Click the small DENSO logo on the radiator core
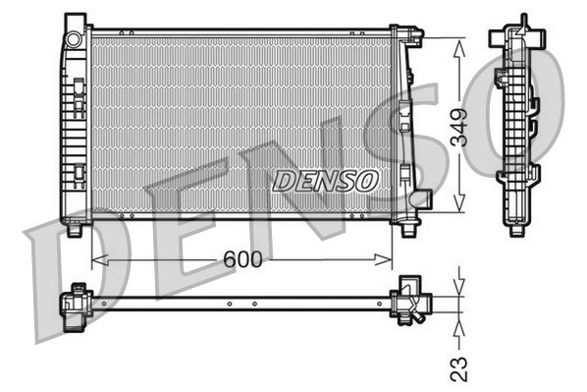325,181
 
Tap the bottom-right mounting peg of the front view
407,230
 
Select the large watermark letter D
69,285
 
